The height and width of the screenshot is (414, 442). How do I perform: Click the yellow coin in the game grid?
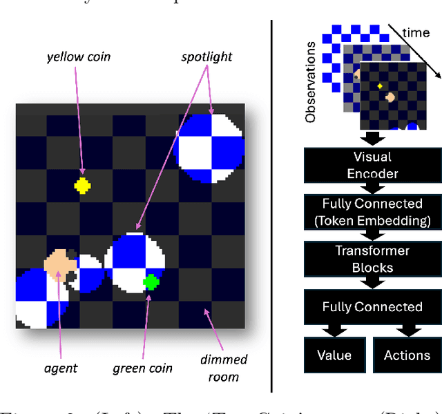point(82,185)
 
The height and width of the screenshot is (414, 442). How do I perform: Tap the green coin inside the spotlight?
point(151,282)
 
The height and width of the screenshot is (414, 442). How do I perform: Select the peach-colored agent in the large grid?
point(60,264)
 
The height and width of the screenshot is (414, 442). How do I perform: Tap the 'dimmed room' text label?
point(223,368)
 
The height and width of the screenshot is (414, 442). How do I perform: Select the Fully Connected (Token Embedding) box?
point(372,212)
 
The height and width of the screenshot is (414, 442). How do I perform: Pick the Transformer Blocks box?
point(372,259)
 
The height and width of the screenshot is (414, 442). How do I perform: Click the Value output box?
point(334,355)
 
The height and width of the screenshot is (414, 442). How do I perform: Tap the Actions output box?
point(407,355)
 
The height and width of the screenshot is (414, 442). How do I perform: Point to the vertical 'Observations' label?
point(311,81)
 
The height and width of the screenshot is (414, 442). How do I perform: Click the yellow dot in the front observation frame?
point(379,86)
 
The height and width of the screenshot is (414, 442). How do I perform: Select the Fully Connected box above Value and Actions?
point(372,307)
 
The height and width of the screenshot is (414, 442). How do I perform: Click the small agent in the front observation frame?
point(390,98)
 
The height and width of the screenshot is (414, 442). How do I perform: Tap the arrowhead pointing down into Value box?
point(334,333)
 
